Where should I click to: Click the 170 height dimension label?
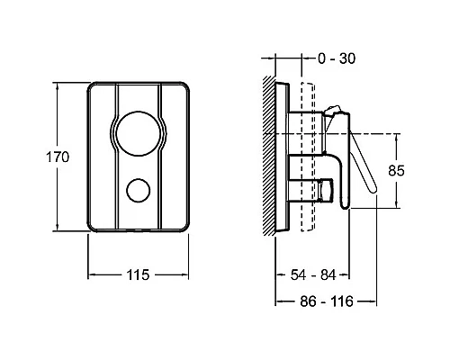point(58,157)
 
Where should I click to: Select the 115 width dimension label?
point(138,274)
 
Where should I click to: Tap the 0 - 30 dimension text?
point(337,58)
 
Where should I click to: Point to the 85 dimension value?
point(396,170)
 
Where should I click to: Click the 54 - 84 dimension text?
point(313,274)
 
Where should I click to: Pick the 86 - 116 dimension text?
point(327,301)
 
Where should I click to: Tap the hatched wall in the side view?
point(269,156)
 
